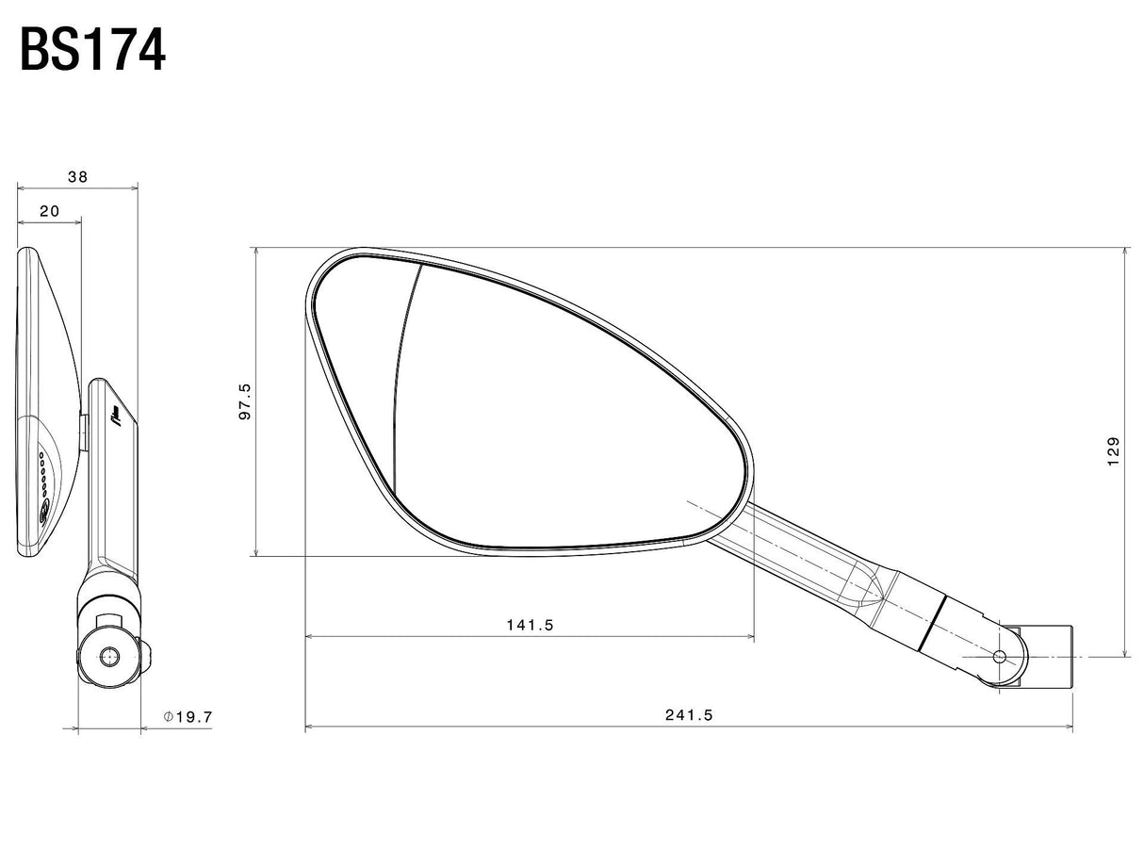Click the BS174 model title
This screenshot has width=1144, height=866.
pos(92,50)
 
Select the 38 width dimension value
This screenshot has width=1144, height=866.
pos(77,176)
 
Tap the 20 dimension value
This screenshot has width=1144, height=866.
pos(50,211)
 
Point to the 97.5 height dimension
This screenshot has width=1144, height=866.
pos(245,401)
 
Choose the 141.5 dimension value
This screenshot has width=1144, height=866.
pos(530,625)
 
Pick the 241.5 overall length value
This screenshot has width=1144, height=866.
pos(689,715)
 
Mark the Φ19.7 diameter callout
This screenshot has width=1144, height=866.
pos(188,717)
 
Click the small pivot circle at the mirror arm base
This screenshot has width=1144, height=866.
pos(1000,657)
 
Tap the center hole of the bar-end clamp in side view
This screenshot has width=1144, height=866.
pos(109,657)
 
